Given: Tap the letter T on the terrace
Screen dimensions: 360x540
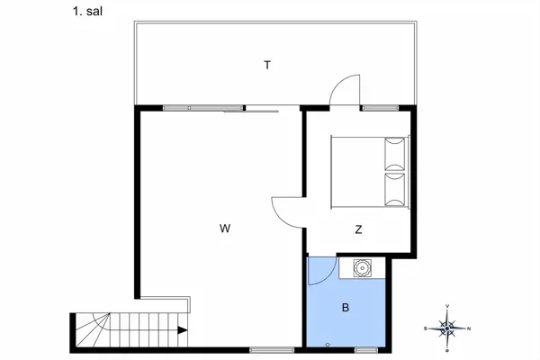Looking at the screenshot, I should point(267,65).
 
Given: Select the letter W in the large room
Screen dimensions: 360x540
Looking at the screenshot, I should point(225,229).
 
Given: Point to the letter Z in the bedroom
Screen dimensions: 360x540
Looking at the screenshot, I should point(358,229).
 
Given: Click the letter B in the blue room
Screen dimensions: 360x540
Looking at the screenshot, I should point(345,308).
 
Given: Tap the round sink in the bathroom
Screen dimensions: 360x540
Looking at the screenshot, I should point(362,267).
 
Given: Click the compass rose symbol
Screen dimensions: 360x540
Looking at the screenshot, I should point(448,328).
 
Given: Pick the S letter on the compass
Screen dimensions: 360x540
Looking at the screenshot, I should point(426,328).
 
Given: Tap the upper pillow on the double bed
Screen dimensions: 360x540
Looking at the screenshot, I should point(396,153).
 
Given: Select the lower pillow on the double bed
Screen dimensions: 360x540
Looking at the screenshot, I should point(396,190).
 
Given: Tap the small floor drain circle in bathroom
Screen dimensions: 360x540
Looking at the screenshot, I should point(328,345).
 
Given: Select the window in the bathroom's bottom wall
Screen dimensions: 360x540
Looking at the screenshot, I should point(366,349).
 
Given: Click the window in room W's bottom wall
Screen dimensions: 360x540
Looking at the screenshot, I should point(267,349).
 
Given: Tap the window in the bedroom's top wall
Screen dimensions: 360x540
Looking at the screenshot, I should point(375,108).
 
